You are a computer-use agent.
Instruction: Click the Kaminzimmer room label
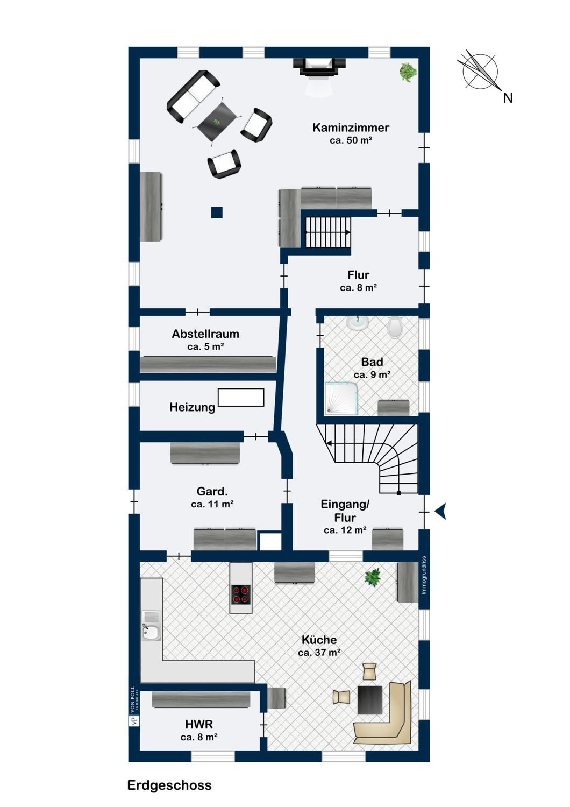pos(351,128)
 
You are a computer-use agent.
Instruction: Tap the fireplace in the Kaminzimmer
pos(319,67)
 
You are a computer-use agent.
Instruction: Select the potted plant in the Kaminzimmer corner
pos(408,72)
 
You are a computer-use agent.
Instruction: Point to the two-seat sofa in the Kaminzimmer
pos(193,96)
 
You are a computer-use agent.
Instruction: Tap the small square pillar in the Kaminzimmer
pos(217,213)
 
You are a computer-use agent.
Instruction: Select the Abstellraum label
pos(205,334)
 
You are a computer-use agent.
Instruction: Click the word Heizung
pos(193,407)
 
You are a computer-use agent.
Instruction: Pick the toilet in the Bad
pos(395,327)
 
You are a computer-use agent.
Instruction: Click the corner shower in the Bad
pos(341,399)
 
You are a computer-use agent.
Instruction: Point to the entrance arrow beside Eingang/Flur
pos(441,511)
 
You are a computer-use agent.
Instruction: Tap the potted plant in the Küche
pos(372,577)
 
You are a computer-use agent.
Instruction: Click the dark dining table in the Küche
pos(370,699)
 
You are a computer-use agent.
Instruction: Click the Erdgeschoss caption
pos(169,785)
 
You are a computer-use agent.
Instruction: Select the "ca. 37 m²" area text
pos(319,653)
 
